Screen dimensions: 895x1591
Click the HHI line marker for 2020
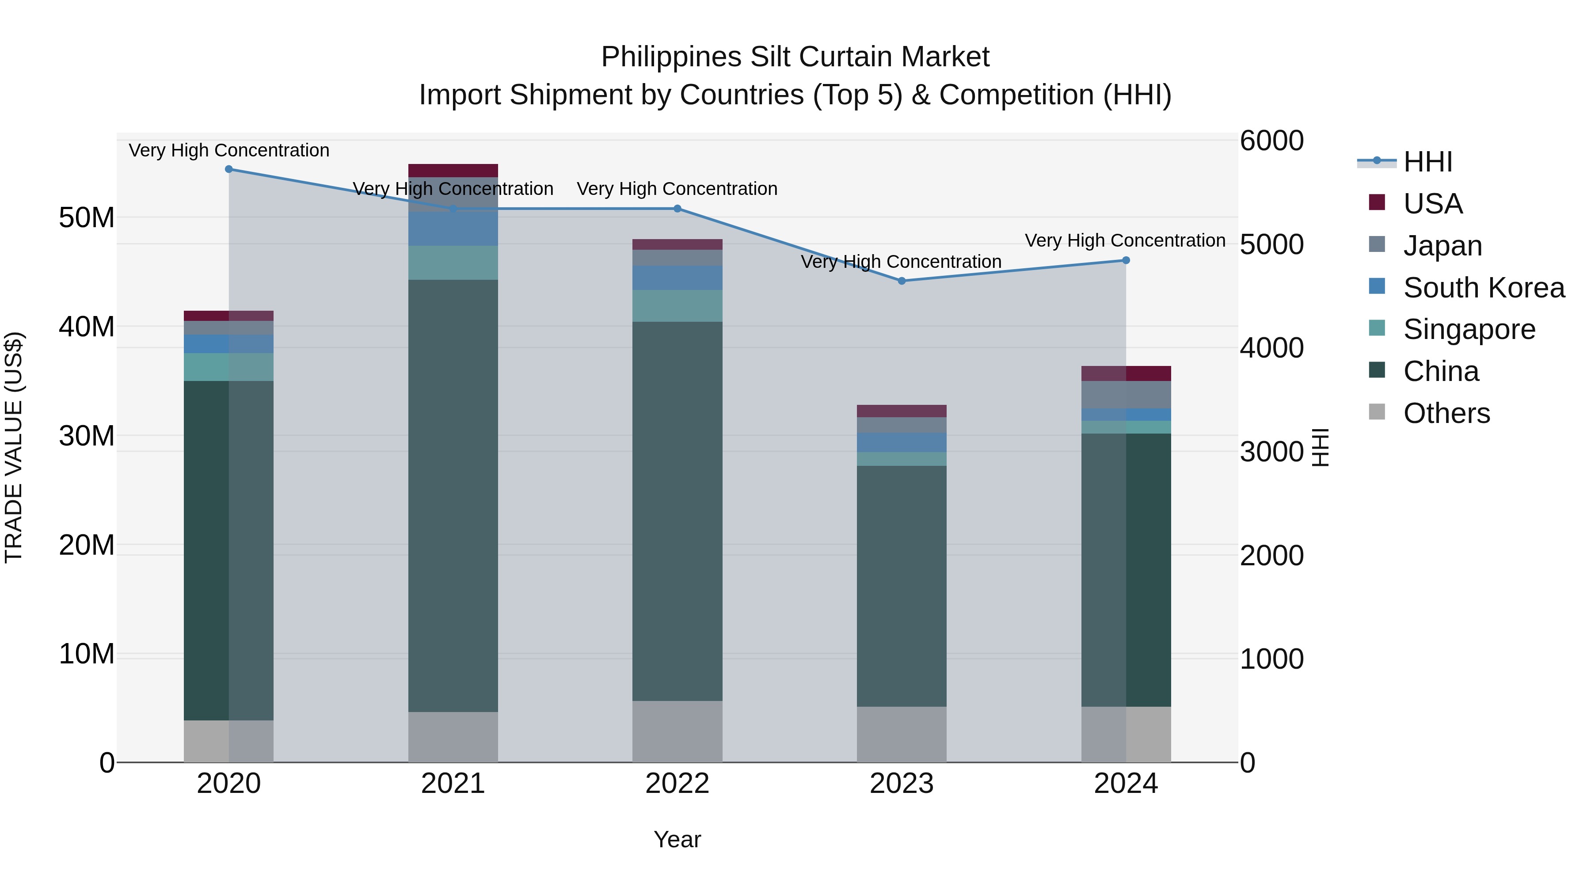click(x=228, y=169)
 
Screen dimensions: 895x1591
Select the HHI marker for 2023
click(x=901, y=281)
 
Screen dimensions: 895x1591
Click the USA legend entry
click(x=1432, y=204)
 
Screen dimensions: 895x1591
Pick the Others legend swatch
click(x=1377, y=412)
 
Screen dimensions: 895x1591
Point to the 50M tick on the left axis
click(x=87, y=218)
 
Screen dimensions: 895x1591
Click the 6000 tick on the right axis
click(x=1271, y=141)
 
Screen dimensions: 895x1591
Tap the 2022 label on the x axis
click(x=677, y=784)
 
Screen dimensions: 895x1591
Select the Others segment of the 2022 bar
click(x=677, y=731)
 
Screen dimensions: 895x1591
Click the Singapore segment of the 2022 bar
click(x=677, y=306)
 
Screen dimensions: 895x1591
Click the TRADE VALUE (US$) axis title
click(x=14, y=447)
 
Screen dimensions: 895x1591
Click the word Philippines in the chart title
click(x=671, y=57)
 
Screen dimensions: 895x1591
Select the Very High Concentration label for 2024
click(x=1125, y=240)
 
